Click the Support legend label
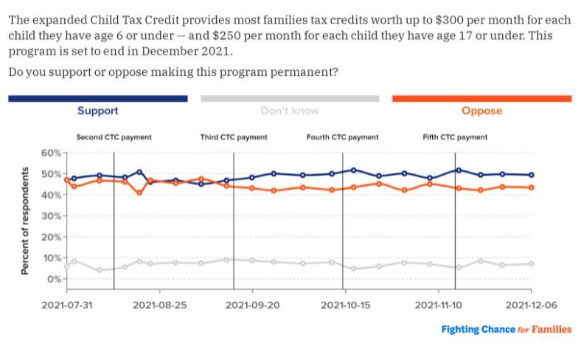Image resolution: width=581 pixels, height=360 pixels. click(97, 111)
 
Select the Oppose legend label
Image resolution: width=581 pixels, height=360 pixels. click(481, 111)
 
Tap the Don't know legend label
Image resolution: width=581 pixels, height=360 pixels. click(289, 111)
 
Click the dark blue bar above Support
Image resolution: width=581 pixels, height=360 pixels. click(97, 98)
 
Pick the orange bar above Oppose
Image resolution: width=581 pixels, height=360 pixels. click(481, 98)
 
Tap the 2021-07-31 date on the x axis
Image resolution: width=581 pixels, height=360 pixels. click(67, 304)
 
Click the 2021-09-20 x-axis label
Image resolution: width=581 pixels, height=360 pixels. click(252, 304)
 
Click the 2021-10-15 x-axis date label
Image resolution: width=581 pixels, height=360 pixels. click(344, 304)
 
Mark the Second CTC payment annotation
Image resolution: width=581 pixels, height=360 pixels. click(114, 137)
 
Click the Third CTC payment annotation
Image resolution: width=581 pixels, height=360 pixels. click(234, 137)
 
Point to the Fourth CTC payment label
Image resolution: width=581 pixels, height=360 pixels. click(342, 137)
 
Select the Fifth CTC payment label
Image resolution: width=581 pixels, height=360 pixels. click(455, 137)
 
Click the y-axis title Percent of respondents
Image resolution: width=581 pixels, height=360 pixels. click(25, 220)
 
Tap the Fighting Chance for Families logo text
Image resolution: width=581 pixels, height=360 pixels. click(506, 330)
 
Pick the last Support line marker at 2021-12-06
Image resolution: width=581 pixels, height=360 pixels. click(530, 175)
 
